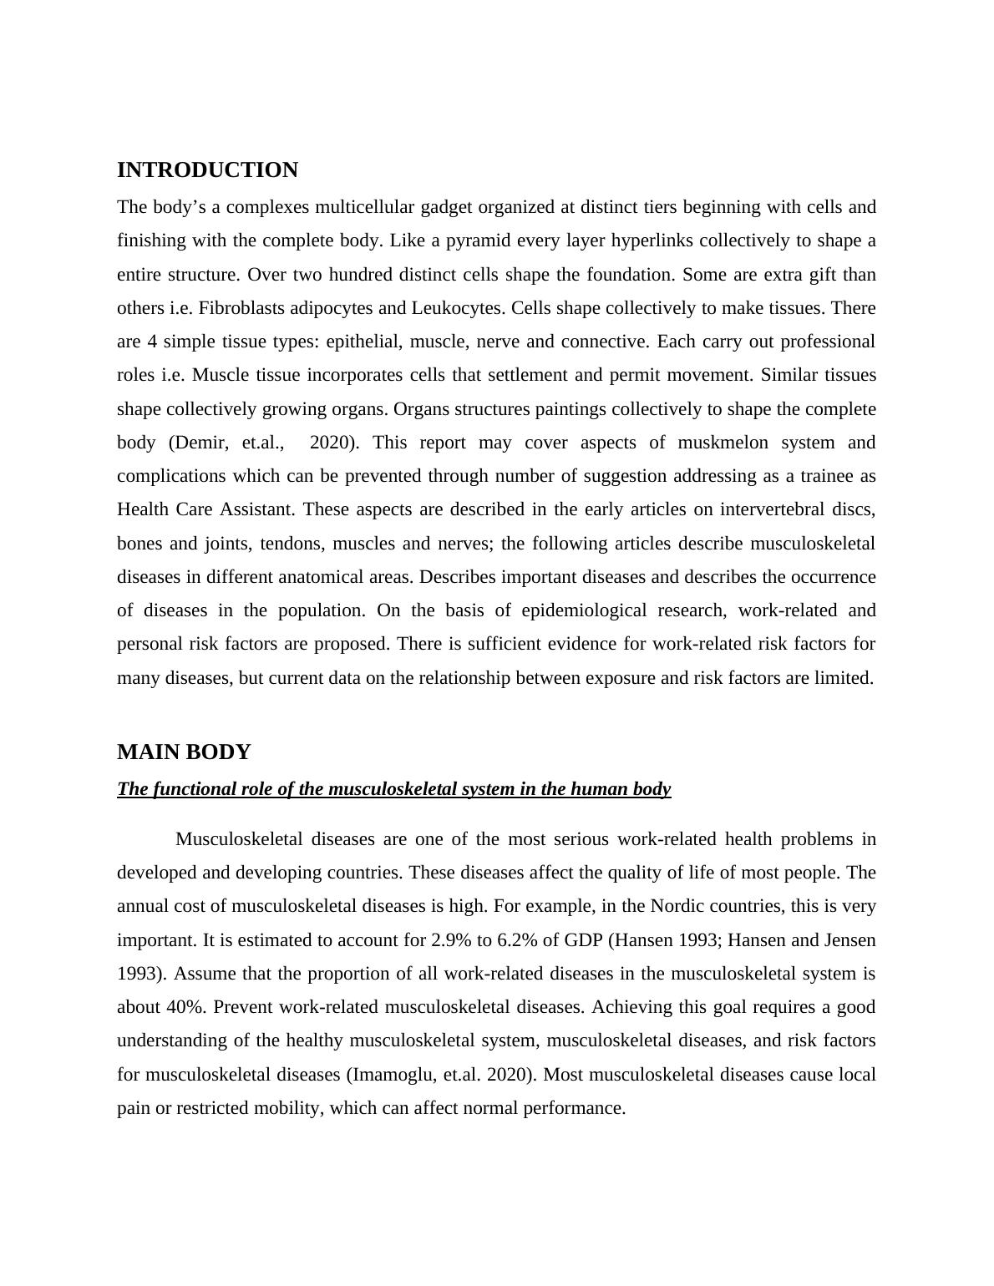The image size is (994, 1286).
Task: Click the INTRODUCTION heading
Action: (207, 170)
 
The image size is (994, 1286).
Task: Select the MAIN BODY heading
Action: (184, 752)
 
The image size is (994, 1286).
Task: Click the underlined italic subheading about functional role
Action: (393, 789)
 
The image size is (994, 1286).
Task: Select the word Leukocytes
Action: (457, 308)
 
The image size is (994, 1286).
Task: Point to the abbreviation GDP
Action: (584, 940)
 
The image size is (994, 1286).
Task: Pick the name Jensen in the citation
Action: (850, 940)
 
